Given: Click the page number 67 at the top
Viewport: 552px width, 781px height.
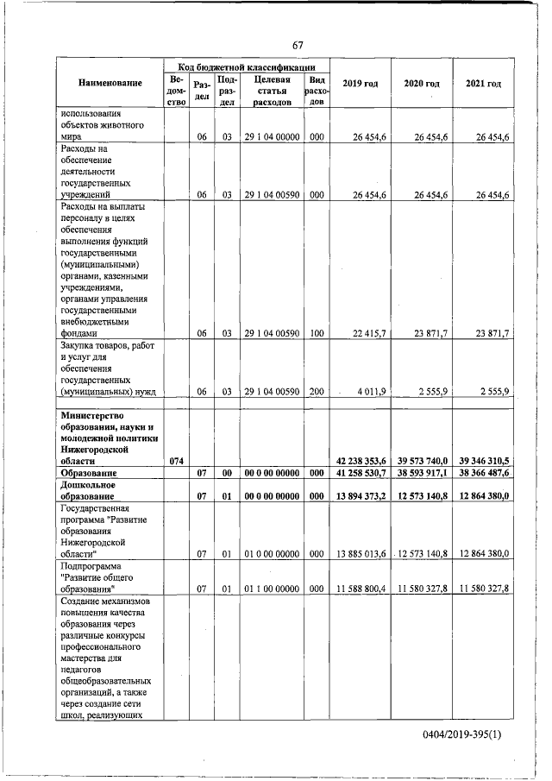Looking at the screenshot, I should (x=298, y=45).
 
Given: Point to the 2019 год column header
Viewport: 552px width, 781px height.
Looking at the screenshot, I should (x=360, y=83).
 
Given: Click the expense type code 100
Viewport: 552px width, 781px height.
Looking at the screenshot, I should (x=317, y=332).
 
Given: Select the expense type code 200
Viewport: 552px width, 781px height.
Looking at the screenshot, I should (x=317, y=391).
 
